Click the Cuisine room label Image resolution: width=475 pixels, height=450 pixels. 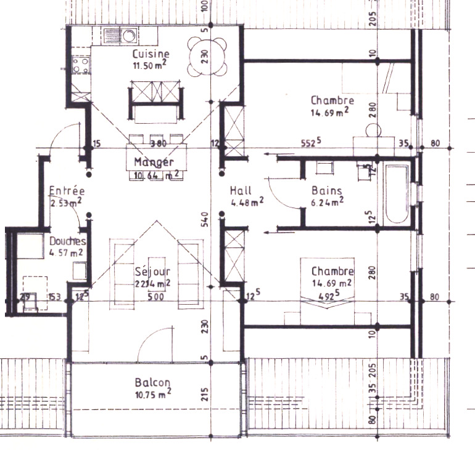[151, 54]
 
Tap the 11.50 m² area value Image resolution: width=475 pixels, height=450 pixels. [151, 65]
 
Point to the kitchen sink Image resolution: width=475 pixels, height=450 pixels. [120, 35]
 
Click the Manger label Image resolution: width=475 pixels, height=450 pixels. [151, 163]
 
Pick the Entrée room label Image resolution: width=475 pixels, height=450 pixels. [67, 191]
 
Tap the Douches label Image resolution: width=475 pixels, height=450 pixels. [67, 241]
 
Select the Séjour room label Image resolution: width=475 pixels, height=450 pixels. [152, 271]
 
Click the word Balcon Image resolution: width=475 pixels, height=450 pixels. [152, 382]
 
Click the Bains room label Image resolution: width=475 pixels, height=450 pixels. [326, 190]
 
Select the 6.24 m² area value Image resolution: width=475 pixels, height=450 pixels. [326, 201]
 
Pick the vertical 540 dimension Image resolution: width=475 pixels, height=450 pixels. [206, 219]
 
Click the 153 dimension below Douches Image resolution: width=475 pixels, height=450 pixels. [55, 298]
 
